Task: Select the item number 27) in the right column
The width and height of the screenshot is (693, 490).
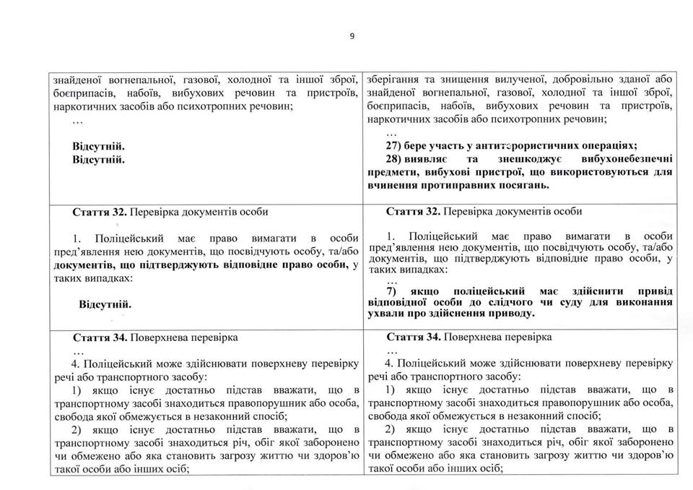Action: click(395, 145)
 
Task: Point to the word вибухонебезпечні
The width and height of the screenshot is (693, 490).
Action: click(627, 159)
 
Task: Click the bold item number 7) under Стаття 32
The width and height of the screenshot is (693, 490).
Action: click(395, 291)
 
